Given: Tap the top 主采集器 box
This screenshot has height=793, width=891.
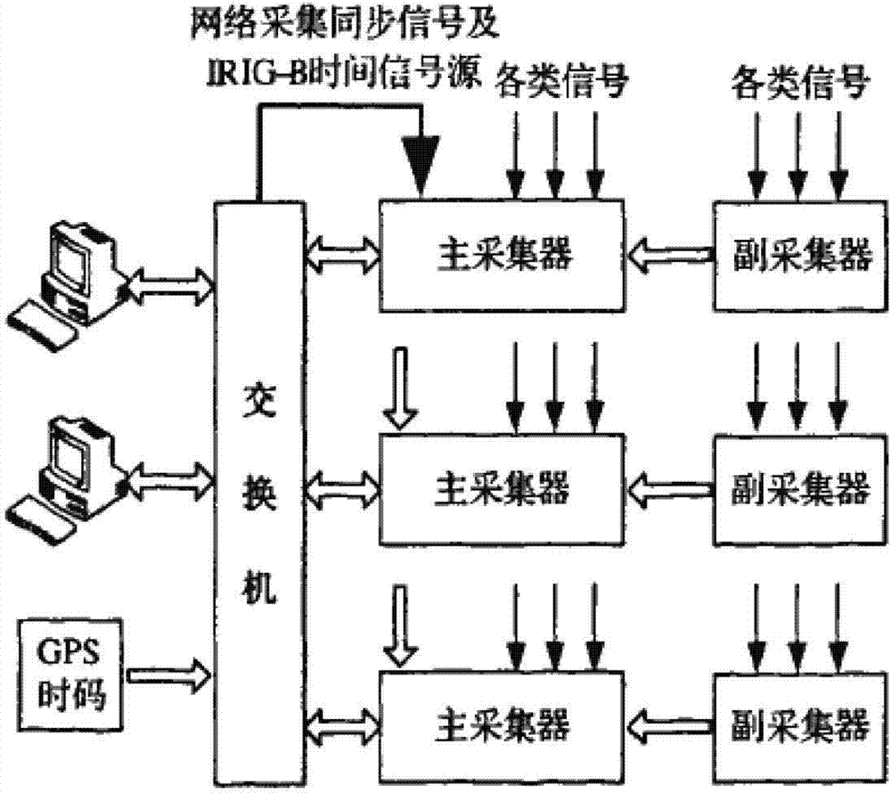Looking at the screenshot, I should pyautogui.click(x=504, y=257).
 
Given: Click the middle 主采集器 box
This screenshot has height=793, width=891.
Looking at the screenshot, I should pyautogui.click(x=504, y=487).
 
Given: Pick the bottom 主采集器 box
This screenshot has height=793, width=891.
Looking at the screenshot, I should pyautogui.click(x=504, y=719).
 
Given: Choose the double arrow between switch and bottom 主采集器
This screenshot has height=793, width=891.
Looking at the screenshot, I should pyautogui.click(x=342, y=719).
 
